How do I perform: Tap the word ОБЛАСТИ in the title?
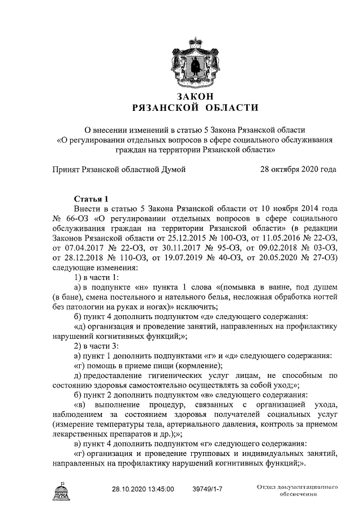click(215, 107)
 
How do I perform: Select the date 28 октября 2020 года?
click(298, 169)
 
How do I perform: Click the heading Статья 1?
click(91, 199)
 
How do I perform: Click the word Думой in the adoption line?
click(173, 169)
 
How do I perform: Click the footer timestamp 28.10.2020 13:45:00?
click(143, 488)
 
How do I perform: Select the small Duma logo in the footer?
click(60, 489)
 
